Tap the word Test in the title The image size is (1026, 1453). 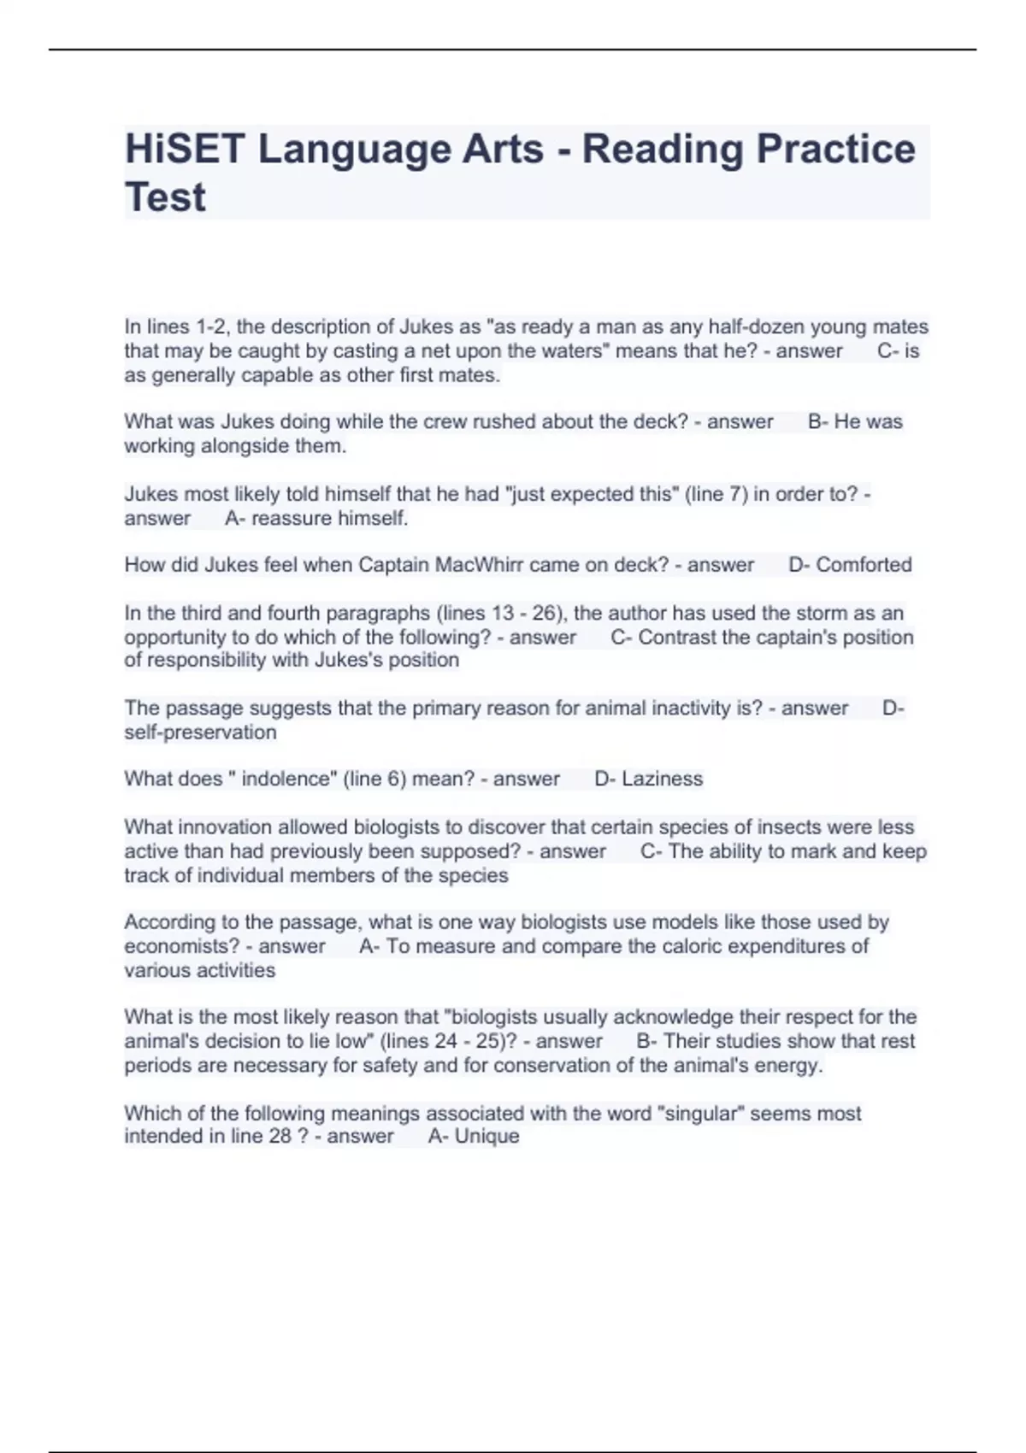coord(165,197)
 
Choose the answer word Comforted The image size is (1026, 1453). coord(864,565)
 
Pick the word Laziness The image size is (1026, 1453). coord(662,779)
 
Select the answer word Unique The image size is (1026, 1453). coord(486,1136)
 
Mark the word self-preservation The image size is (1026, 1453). coord(200,732)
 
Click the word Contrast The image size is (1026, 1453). coord(677,638)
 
